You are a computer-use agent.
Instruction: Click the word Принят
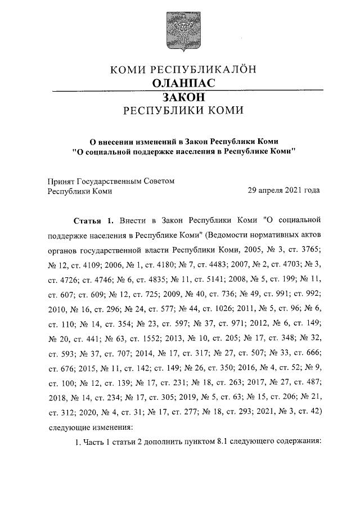58,181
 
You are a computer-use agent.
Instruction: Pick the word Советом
160,181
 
